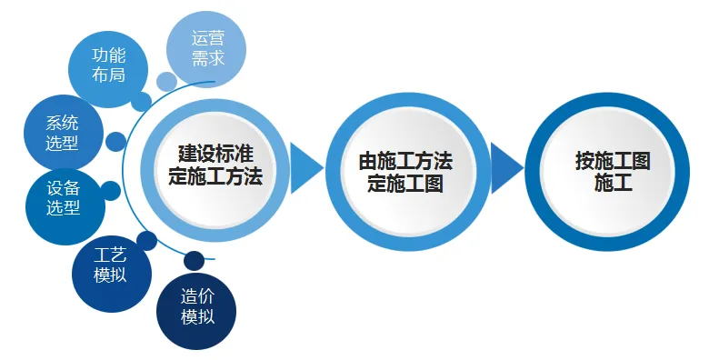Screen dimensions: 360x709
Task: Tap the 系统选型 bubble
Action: [62, 132]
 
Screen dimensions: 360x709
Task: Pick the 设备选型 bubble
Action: [65, 196]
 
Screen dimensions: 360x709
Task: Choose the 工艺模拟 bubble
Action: [111, 265]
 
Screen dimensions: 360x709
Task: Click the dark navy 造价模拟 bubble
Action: [196, 306]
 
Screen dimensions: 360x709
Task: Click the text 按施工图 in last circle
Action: [613, 161]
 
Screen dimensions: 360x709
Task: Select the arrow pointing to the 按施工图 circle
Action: [505, 168]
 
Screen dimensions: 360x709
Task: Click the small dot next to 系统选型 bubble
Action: [115, 142]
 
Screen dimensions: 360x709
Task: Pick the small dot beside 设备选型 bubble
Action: [111, 191]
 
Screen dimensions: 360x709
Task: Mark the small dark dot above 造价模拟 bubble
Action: [194, 261]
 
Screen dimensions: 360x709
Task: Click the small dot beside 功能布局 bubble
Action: [141, 101]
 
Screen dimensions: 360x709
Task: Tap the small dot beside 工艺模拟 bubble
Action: [147, 241]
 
